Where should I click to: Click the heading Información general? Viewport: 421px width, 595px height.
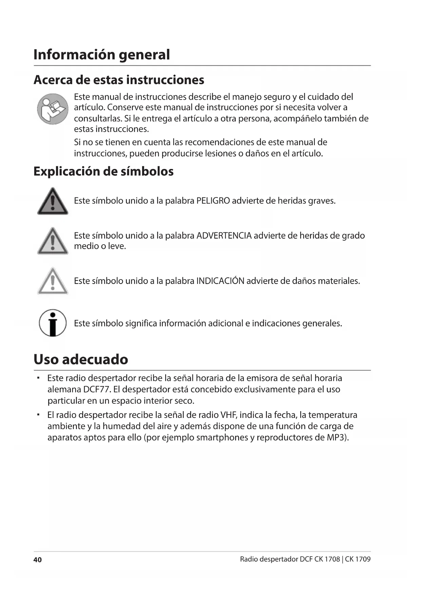(x=101, y=55)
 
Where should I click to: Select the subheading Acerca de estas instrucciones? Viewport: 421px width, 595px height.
(x=119, y=80)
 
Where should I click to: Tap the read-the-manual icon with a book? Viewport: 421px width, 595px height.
(x=53, y=109)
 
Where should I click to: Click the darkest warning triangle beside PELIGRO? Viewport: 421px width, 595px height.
(x=53, y=201)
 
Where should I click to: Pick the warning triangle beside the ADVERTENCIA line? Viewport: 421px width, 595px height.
(x=53, y=241)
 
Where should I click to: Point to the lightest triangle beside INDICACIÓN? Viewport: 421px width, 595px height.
(x=53, y=281)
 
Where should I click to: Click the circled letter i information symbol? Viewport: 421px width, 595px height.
(x=53, y=323)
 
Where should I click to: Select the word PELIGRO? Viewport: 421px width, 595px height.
(x=213, y=201)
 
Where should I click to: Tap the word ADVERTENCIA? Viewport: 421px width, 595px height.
(x=224, y=235)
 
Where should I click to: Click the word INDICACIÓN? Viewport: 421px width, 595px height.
(x=220, y=281)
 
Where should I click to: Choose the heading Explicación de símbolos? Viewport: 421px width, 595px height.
(x=103, y=171)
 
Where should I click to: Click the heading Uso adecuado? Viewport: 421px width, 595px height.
(x=81, y=359)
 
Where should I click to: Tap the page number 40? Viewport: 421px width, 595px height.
(x=37, y=560)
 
